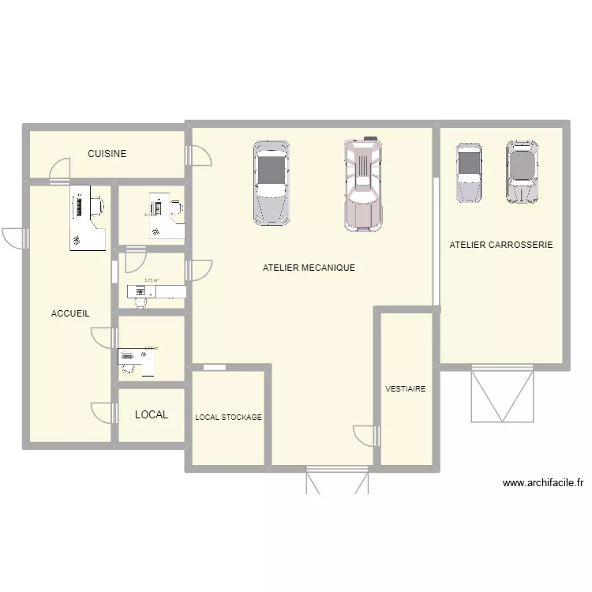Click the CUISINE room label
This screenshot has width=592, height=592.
pos(107,154)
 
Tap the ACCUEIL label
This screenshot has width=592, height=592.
pos(70,313)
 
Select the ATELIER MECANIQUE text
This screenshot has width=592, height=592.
pos(309,268)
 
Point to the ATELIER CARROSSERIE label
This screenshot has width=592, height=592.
pos(501,245)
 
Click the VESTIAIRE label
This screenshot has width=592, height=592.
pos(406,389)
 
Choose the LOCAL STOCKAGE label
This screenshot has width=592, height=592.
pos(228,417)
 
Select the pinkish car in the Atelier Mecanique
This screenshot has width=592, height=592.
pos(363,185)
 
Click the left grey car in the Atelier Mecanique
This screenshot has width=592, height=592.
pos(271,182)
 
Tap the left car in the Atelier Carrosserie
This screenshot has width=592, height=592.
pos(469,172)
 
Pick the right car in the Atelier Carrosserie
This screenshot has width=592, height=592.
pos(522,172)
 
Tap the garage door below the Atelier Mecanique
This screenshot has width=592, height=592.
pos(338,481)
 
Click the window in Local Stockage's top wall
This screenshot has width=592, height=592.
pos(213,367)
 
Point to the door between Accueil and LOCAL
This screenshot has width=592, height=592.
pos(103,413)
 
